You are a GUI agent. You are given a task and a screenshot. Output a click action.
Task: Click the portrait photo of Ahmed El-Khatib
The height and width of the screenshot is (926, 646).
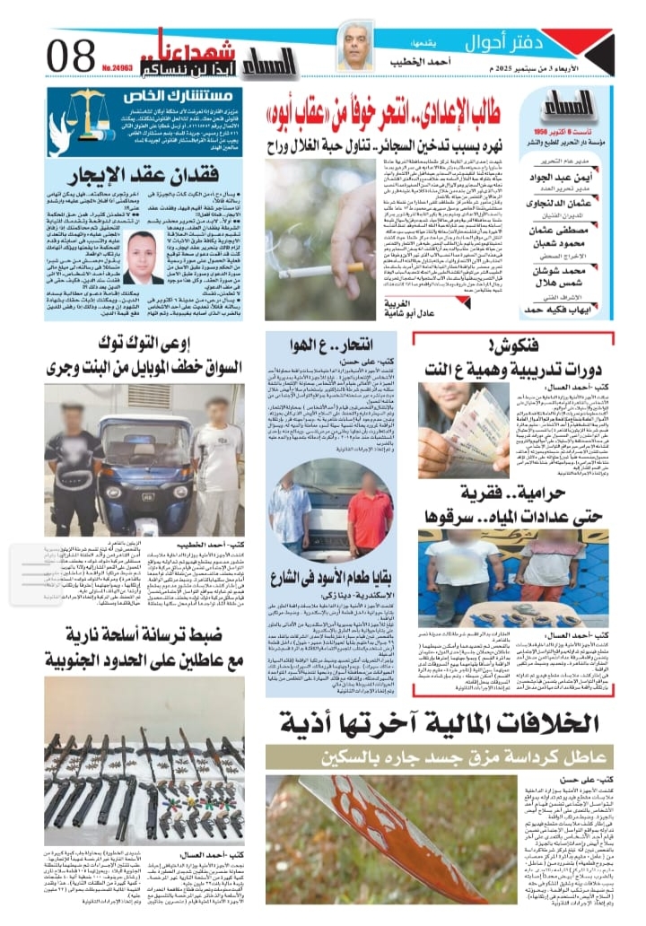click(x=354, y=48)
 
